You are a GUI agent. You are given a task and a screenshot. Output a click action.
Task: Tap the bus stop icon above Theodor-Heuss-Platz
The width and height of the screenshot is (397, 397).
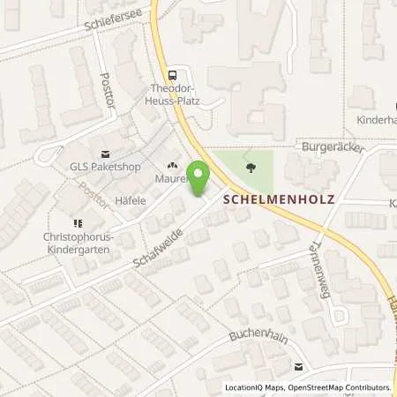[173, 76]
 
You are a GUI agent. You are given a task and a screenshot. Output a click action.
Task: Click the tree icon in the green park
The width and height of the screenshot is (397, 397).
[252, 165]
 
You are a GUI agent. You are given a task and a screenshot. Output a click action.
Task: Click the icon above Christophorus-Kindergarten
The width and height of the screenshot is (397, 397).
[78, 223]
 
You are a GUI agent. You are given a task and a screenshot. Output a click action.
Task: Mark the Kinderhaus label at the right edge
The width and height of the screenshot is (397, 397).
[376, 119]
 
